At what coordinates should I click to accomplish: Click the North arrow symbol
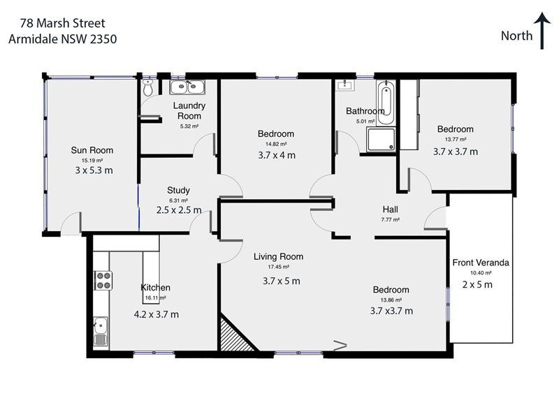pos(542,31)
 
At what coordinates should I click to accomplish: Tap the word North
pos(517,36)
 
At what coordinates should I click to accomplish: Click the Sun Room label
pos(92,150)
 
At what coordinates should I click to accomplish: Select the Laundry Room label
pos(189,111)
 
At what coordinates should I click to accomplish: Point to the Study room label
pos(178,190)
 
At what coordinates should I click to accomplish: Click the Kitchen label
pos(155,288)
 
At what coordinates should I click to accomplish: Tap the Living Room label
pos(278,256)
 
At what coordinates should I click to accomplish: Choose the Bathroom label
pos(365,111)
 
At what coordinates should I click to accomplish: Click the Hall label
pos(391,209)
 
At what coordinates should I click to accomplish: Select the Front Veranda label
pos(481,263)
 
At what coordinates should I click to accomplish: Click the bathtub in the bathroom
pos(385,103)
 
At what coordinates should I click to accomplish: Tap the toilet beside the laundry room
pos(147,89)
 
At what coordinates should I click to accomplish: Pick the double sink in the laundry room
pos(187,87)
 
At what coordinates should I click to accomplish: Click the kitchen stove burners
pos(102,279)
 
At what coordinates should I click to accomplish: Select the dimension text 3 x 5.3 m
pos(94,170)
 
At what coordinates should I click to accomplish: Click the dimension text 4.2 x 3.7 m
pos(157,314)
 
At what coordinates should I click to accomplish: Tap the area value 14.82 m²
pos(275,145)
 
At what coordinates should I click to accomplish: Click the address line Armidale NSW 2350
pos(62,39)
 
